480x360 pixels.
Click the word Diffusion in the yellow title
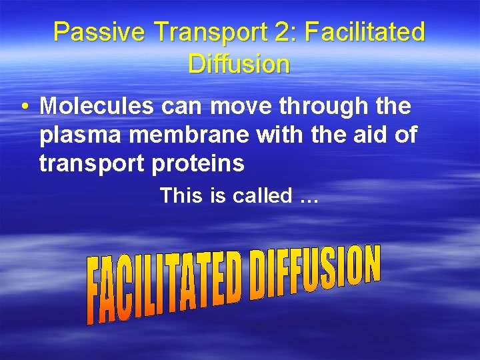[x=239, y=64]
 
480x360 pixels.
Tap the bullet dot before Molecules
[x=24, y=107]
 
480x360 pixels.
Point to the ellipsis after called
[x=309, y=197]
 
